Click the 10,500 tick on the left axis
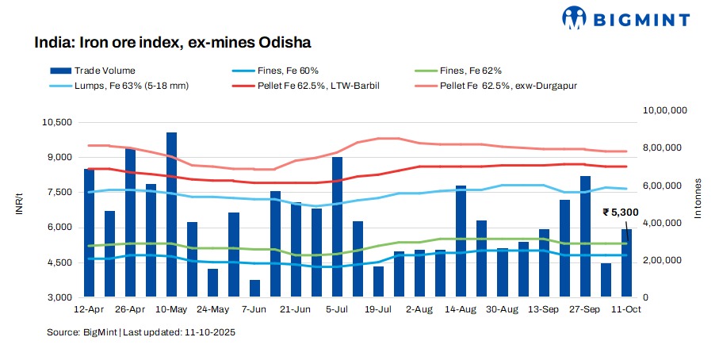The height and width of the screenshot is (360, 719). (56, 122)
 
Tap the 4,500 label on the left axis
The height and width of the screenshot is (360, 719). (59, 262)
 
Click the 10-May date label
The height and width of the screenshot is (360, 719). (171, 308)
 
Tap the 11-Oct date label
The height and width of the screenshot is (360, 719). (626, 308)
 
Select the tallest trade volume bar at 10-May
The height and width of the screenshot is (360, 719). (171, 214)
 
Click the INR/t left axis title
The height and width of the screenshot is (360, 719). (17, 209)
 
